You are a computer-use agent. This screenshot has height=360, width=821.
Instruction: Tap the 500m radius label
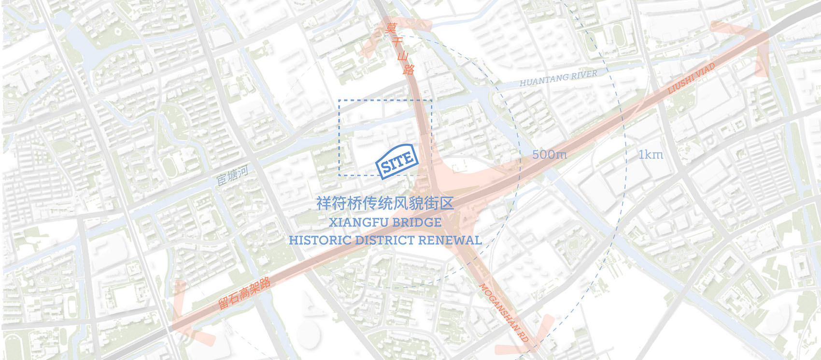(x=550, y=155)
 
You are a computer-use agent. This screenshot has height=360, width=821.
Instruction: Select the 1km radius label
(x=651, y=155)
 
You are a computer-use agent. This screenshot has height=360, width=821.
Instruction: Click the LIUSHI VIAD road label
(x=691, y=79)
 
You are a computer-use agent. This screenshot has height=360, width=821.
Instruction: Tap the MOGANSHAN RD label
(x=504, y=313)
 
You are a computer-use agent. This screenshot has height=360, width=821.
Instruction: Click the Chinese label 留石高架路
(x=244, y=293)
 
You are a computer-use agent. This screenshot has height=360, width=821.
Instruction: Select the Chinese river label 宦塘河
(x=232, y=175)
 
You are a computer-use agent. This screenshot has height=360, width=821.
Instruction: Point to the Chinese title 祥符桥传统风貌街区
(x=385, y=203)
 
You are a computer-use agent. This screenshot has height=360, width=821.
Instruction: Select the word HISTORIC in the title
(x=320, y=240)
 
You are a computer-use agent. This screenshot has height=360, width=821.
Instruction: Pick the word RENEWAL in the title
(x=450, y=240)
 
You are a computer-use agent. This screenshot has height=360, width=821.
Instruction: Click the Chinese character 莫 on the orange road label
(x=391, y=28)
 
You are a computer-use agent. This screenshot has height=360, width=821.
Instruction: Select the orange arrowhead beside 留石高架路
(x=186, y=314)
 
